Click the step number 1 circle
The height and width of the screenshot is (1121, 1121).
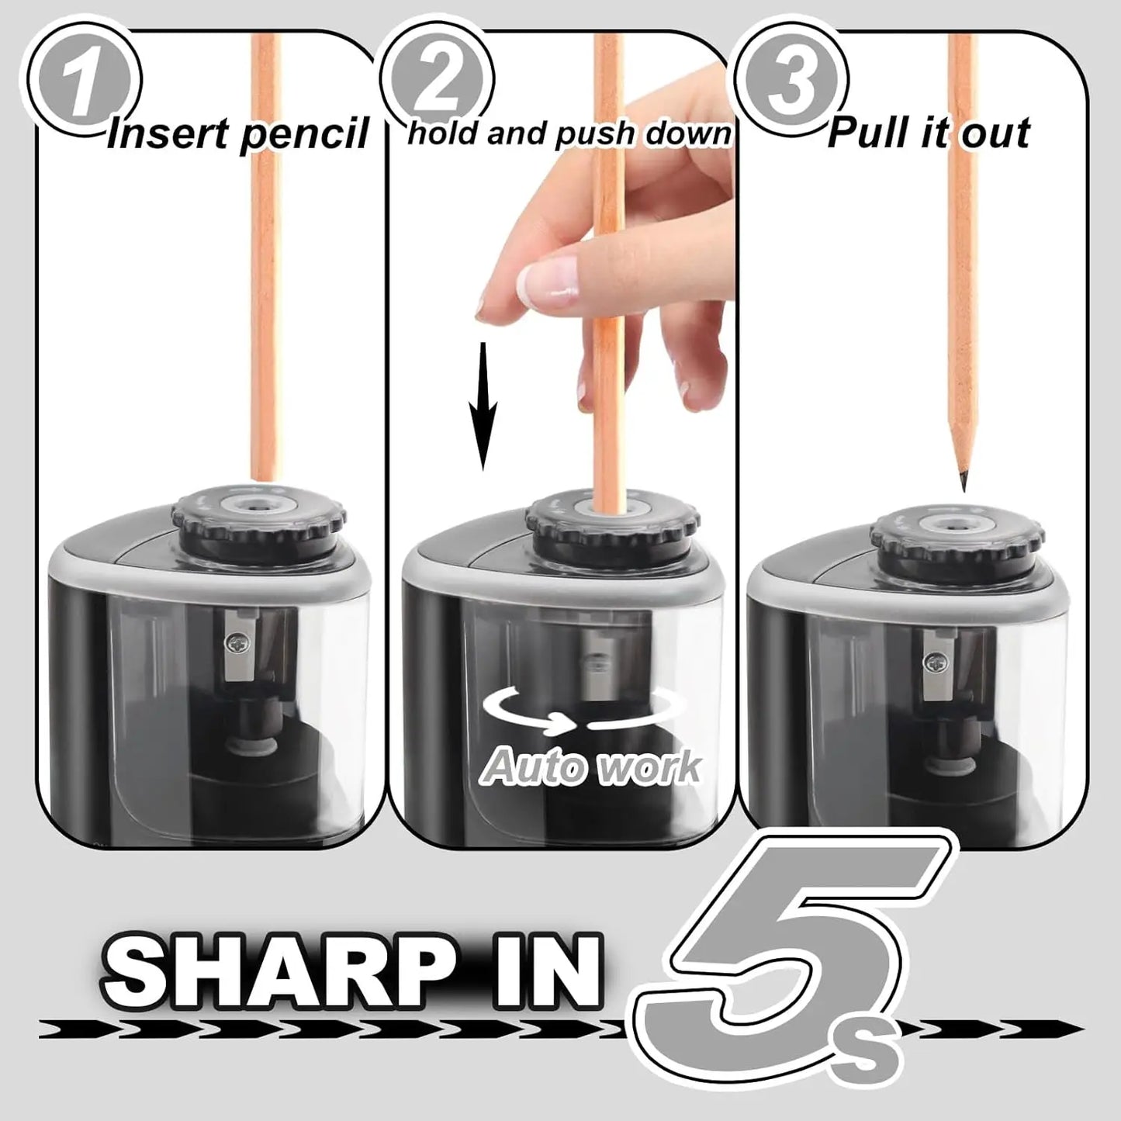pyautogui.click(x=84, y=81)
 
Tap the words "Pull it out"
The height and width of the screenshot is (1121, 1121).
pyautogui.click(x=928, y=133)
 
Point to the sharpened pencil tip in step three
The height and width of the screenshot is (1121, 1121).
pyautogui.click(x=964, y=480)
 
